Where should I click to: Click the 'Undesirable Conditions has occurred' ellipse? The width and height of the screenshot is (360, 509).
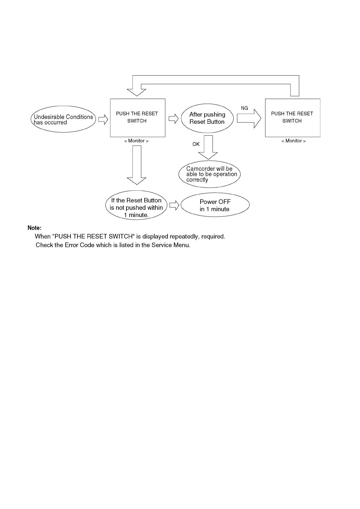pos(63,119)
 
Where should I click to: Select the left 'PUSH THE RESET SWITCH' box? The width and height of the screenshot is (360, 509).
pos(137,118)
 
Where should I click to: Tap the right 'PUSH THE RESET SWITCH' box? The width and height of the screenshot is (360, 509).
pos(292,118)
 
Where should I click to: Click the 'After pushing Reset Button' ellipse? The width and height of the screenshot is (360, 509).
pos(207,118)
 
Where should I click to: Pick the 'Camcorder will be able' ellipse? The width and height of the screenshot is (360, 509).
pos(209,174)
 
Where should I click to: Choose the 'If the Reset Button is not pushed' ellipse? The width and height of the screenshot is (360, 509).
pos(136,205)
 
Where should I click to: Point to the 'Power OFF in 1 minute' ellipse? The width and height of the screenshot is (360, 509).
pos(215,205)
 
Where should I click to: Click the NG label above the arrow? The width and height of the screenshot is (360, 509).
pos(244,108)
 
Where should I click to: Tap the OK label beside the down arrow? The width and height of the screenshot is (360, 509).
pos(196,144)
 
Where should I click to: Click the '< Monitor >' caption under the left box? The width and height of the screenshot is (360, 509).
pos(136,141)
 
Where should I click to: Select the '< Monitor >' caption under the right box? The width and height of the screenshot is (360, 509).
pos(293,141)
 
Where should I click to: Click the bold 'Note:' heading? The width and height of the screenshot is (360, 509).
pos(34,228)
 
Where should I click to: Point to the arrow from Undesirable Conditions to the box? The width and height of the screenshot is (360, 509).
pos(103,120)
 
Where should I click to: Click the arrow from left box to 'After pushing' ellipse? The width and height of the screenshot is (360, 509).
pos(173,119)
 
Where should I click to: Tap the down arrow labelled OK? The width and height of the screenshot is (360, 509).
pos(208,148)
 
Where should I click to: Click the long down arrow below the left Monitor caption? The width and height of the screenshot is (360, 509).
pos(137,165)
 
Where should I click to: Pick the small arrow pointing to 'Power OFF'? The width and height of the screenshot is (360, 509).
pos(174,206)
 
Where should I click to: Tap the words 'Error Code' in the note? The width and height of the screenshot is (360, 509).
pos(79,245)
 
